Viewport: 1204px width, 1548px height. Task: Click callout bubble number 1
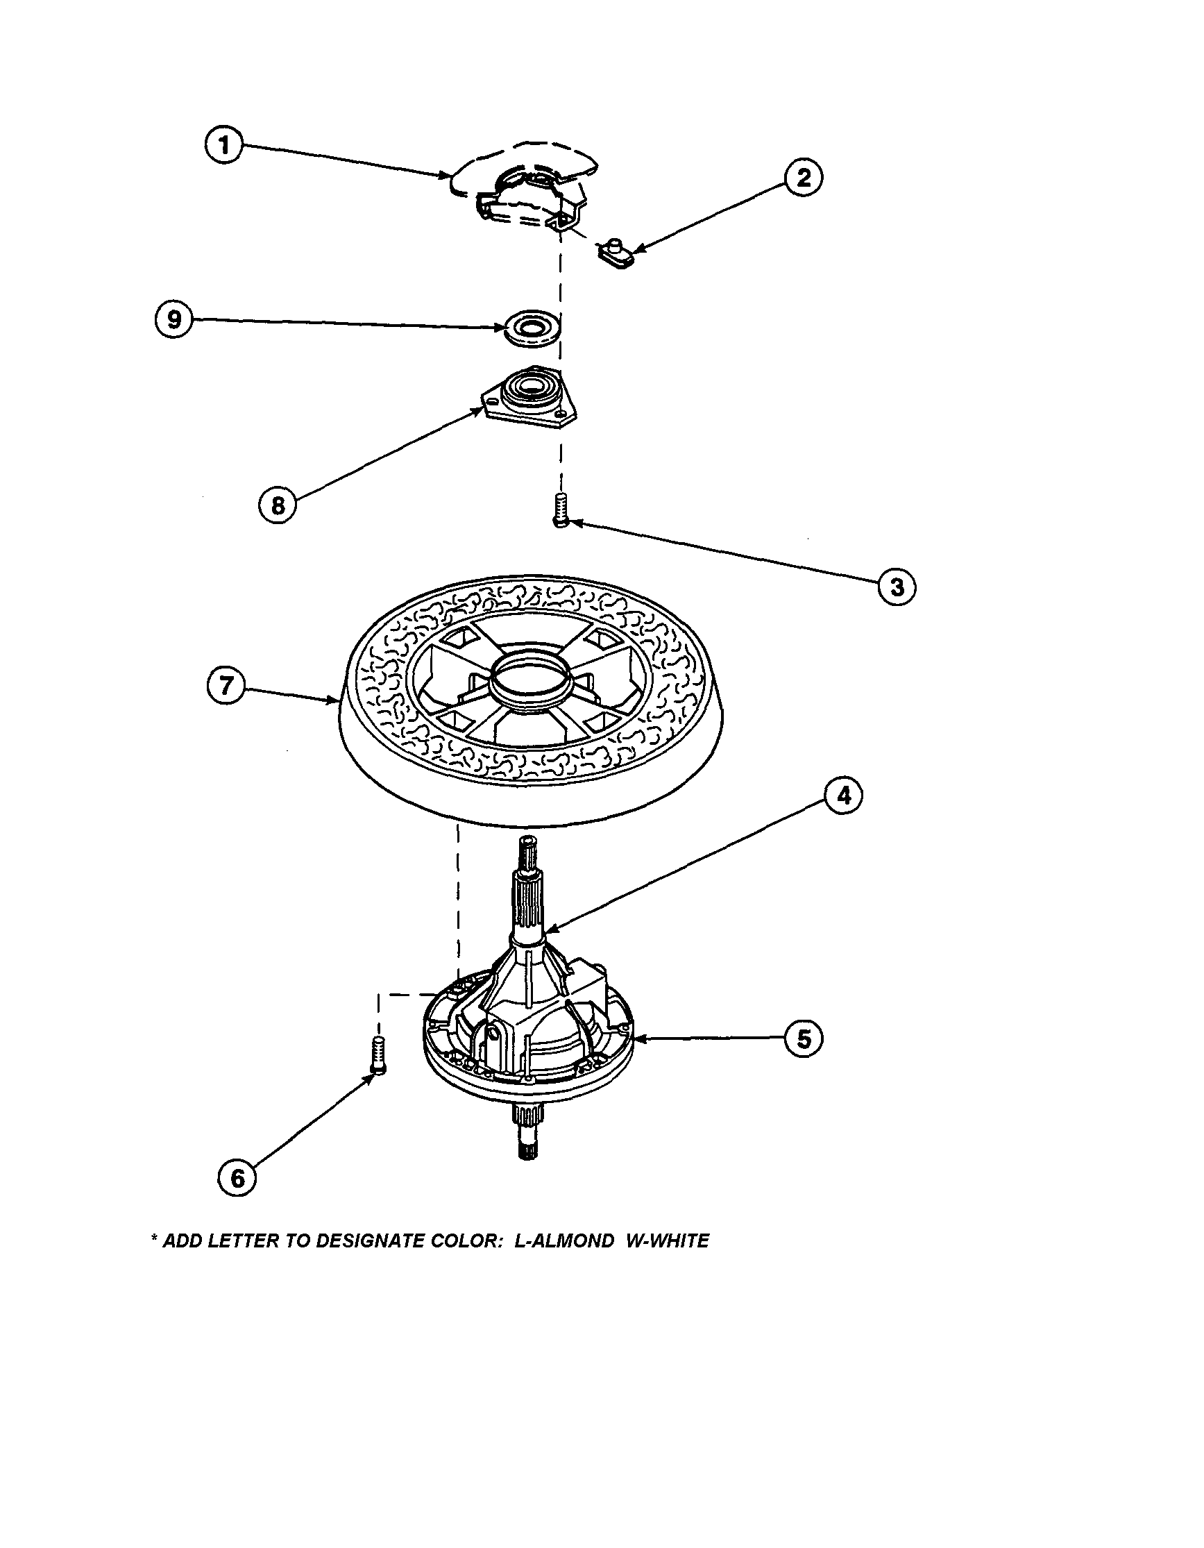(x=223, y=145)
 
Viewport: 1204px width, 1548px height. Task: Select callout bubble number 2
(x=803, y=177)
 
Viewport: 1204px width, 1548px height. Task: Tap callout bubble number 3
(x=897, y=587)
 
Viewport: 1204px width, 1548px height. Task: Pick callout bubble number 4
(x=843, y=796)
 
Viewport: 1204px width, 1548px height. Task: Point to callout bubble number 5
(x=803, y=1039)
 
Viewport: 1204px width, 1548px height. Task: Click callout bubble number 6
(x=237, y=1178)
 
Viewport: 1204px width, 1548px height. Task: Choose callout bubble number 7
(x=226, y=686)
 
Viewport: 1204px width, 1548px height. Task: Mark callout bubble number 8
(x=278, y=505)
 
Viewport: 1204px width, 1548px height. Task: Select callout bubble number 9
(x=173, y=319)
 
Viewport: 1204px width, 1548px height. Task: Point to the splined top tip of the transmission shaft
(x=529, y=844)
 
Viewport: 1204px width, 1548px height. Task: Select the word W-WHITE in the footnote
(x=667, y=1241)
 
